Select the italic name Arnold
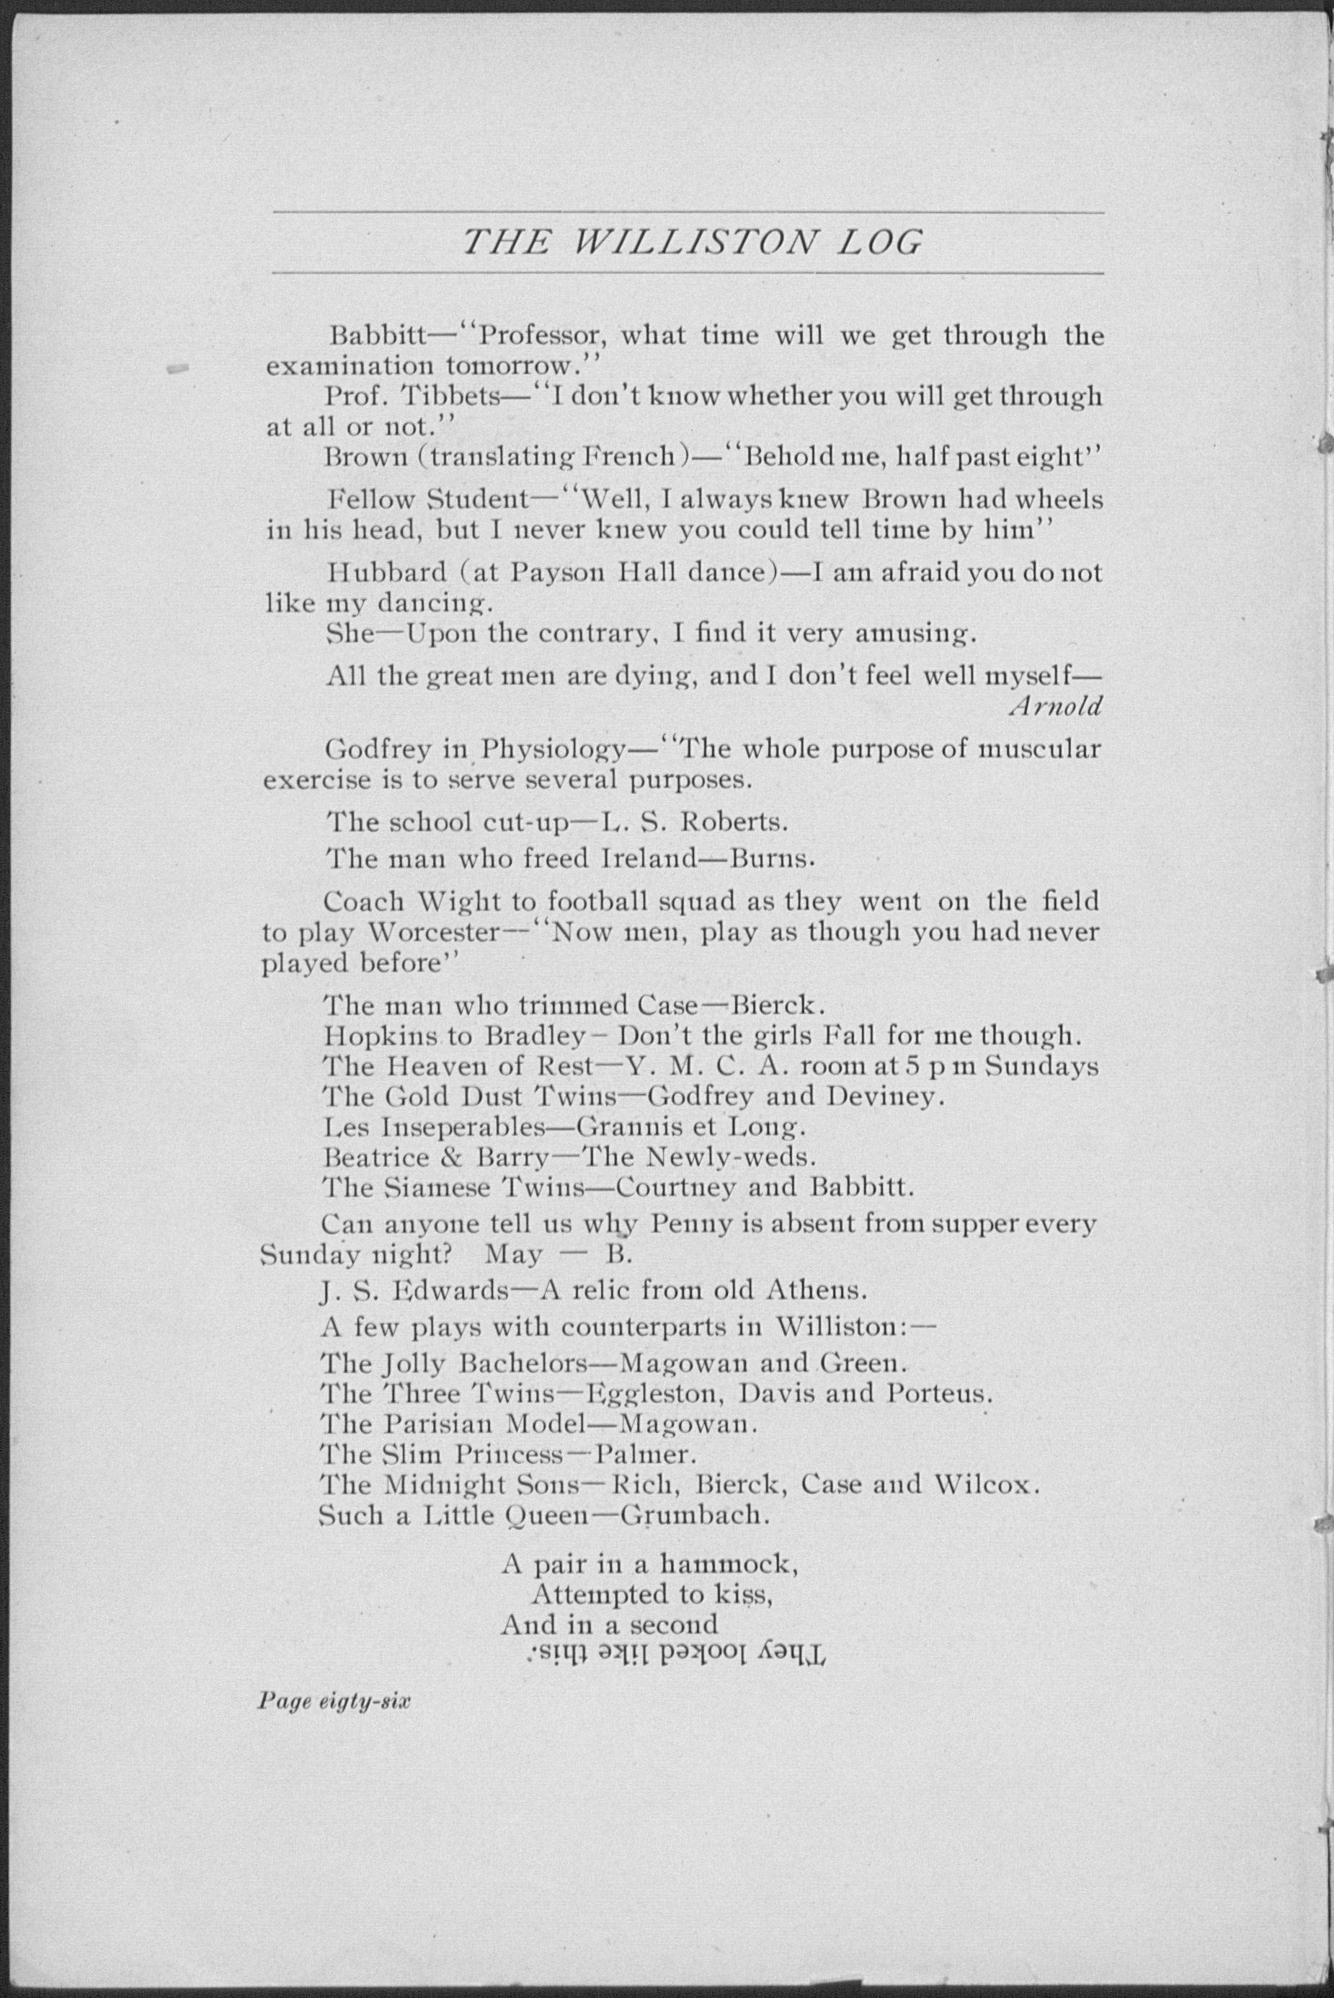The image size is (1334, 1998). tap(1055, 706)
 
